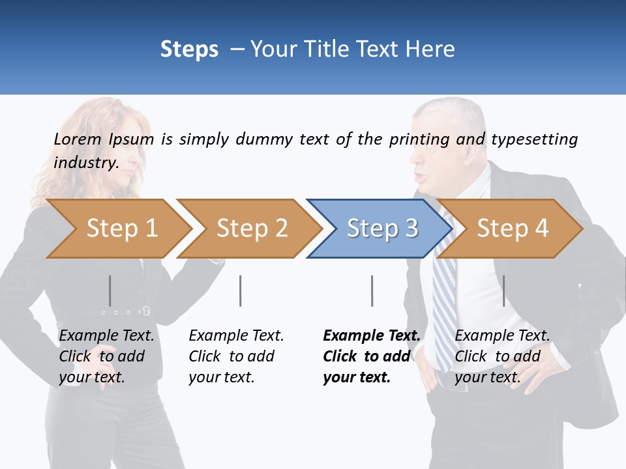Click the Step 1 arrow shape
(x=117, y=229)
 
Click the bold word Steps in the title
(x=189, y=50)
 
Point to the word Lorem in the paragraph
(x=78, y=139)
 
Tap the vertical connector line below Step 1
(x=110, y=291)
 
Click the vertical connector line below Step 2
(x=241, y=291)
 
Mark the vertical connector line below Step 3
(x=372, y=291)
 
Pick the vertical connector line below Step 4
(x=503, y=291)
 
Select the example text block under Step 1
(x=106, y=356)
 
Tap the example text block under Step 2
(x=235, y=356)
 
